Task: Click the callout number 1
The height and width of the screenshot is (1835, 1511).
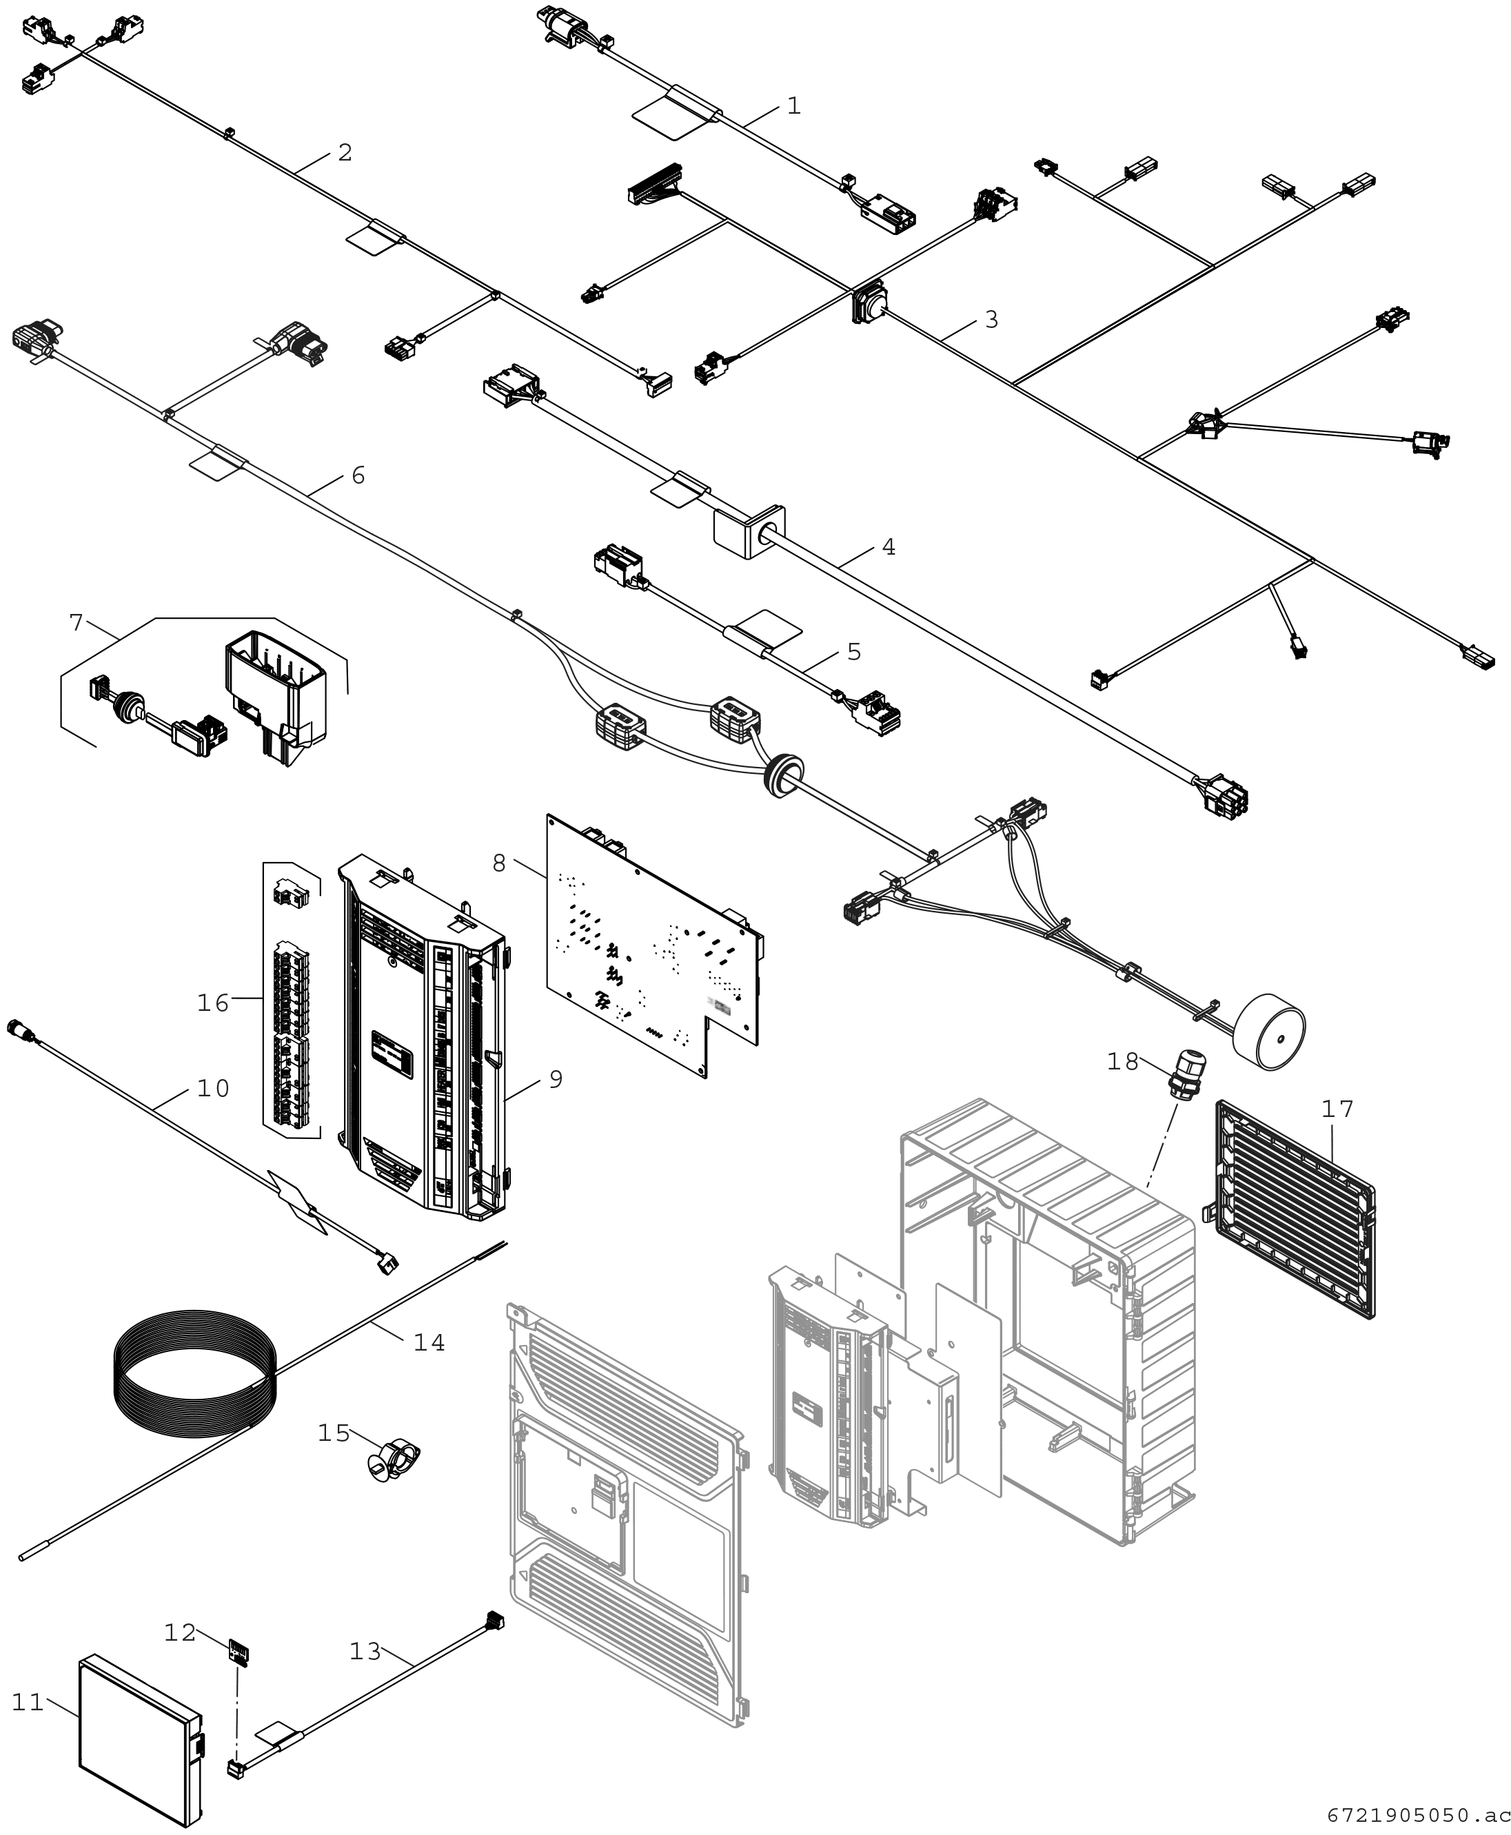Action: pos(793,106)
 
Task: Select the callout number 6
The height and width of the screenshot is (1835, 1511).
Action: pos(358,475)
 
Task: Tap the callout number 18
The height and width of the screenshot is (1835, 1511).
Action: pos(1123,1061)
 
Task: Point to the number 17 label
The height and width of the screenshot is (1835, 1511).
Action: pos(1338,1109)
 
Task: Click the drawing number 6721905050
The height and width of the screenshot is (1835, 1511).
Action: pos(1417,1816)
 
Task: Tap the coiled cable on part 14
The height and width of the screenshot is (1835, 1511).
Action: pos(196,1375)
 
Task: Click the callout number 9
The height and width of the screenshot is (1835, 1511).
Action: pos(556,1080)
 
